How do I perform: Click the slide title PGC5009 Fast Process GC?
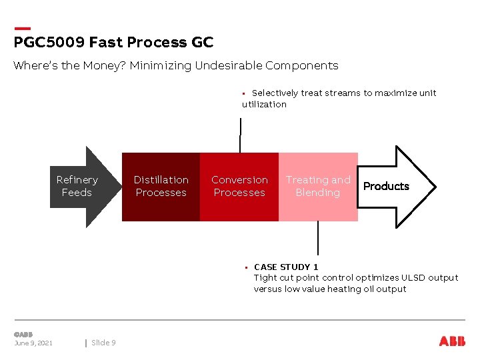coord(113,43)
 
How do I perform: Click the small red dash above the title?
coord(22,28)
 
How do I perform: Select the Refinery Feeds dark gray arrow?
coord(77,187)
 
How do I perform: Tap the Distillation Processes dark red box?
coord(161,187)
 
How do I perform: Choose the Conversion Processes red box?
coord(239,187)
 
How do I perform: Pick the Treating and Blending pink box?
coord(318,187)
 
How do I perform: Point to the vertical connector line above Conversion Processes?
coord(240,135)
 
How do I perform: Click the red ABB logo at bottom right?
coord(452,341)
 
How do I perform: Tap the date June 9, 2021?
coord(33,343)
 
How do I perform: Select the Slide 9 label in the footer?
coord(103,343)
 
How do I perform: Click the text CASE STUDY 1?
coord(286,267)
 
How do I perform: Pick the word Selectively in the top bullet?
coord(275,93)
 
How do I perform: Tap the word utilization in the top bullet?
coord(264,105)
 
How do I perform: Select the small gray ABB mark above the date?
coord(23,334)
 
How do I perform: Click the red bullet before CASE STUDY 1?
coord(245,267)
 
